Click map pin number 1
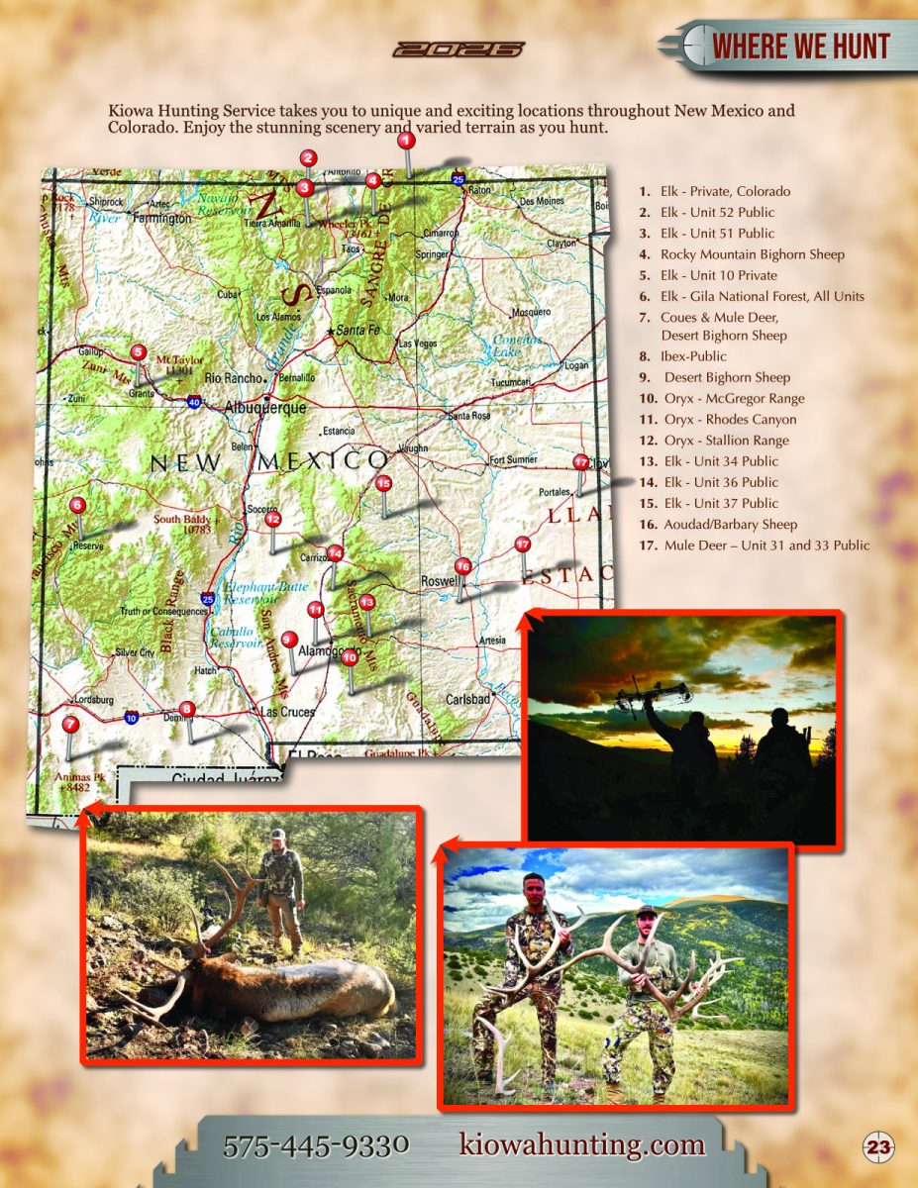405,142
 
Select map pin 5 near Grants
139,351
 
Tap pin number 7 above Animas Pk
69,724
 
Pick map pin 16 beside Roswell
461,566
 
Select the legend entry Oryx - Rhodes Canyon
730,420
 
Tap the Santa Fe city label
357,330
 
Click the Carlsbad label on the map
468,699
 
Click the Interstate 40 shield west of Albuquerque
194,402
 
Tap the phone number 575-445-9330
316,1146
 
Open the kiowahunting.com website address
582,1145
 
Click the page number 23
877,1147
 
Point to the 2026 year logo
458,49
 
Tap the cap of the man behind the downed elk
278,835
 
